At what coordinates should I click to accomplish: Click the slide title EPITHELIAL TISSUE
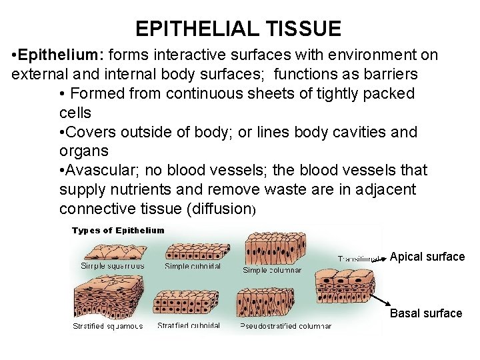tap(238, 29)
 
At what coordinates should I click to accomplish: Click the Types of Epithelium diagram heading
tap(117, 231)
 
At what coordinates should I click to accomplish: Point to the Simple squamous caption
tap(112, 265)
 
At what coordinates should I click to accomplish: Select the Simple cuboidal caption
tap(194, 266)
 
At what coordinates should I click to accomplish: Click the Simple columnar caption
tap(272, 270)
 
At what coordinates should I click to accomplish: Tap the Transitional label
tap(359, 258)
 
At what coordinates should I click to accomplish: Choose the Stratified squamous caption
tap(107, 326)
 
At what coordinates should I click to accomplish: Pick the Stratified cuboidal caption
tap(189, 325)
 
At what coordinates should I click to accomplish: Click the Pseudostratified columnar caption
tap(285, 326)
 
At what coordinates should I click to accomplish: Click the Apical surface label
tap(427, 257)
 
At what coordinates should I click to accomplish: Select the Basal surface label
tap(425, 313)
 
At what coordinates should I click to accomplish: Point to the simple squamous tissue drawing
tap(111, 249)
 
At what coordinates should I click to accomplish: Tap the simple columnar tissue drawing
tap(272, 248)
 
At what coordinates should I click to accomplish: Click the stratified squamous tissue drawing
tap(107, 300)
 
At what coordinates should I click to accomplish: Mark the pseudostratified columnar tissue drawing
tap(267, 304)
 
